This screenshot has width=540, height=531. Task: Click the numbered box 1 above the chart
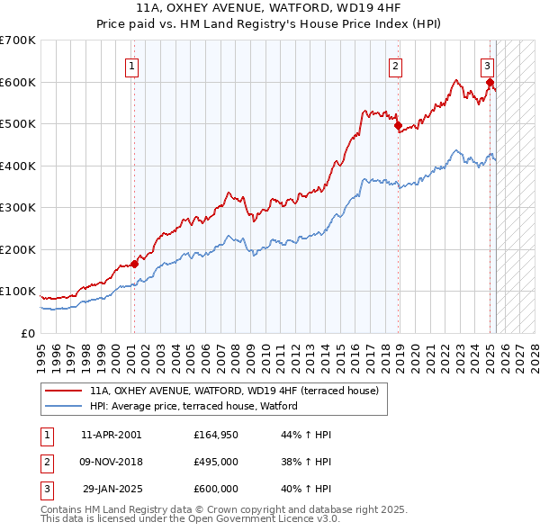point(132,65)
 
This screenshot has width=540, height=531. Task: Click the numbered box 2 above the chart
point(395,65)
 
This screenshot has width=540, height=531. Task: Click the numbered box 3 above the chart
point(487,65)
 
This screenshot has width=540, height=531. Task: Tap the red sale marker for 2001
point(134,264)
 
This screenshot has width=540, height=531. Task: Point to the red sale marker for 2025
point(490,83)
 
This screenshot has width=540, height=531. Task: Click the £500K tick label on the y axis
point(18,124)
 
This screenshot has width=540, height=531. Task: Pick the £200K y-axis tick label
point(18,249)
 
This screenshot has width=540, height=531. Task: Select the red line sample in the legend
point(63,391)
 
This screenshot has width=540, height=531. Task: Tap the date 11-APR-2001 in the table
point(111,435)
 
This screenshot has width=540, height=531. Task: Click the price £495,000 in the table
point(215,462)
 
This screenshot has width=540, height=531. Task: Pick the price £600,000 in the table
point(215,489)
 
